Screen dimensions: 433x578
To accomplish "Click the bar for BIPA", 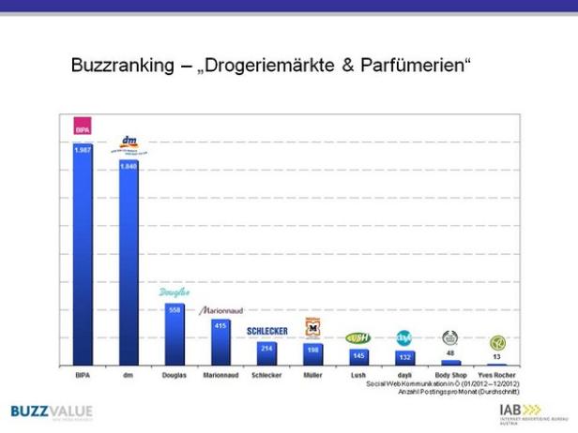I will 83,253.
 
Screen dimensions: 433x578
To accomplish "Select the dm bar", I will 129,262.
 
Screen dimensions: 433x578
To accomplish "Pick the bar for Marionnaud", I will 221,343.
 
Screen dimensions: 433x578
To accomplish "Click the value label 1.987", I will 83,149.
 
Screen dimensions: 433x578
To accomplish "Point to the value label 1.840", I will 129,166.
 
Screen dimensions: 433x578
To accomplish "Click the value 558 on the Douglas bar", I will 175,309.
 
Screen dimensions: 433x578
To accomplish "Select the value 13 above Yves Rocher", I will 496,357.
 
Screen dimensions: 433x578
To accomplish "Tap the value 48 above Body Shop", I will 450,353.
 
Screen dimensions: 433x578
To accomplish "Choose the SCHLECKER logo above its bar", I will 266,331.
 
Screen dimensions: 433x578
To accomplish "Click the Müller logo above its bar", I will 312,328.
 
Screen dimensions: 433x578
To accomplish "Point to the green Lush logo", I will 358,337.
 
